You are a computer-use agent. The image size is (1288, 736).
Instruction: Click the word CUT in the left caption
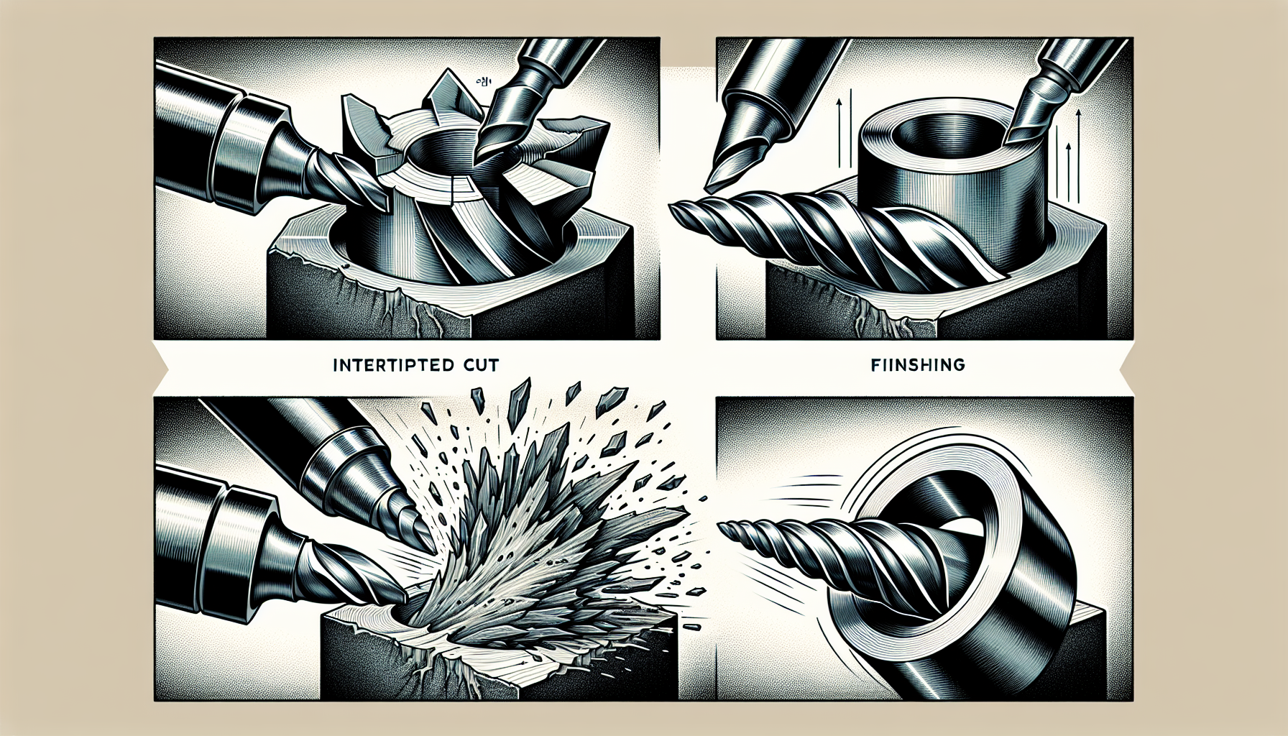477,365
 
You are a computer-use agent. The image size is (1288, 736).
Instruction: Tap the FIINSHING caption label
918,365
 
